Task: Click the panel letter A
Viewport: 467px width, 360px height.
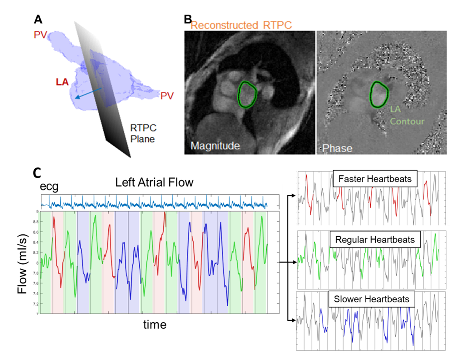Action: [38, 19]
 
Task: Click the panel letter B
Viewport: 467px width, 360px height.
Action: [188, 19]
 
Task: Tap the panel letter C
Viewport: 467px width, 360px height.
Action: [37, 173]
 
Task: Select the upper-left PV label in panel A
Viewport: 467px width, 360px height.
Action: [40, 35]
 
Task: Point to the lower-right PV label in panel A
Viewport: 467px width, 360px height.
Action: [167, 96]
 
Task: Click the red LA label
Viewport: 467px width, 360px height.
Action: [62, 81]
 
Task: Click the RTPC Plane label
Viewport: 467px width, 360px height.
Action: [143, 133]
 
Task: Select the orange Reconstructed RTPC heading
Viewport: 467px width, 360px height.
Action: [241, 25]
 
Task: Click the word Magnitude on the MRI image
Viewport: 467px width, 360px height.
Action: [215, 146]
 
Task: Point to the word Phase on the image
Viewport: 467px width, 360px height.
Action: [337, 148]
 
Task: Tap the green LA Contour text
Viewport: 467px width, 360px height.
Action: [407, 115]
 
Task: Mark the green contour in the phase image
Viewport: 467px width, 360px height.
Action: [379, 94]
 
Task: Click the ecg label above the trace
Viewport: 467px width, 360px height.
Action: [49, 187]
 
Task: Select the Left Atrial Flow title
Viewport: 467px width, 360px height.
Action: [154, 182]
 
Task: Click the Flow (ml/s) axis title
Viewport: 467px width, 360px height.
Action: [22, 263]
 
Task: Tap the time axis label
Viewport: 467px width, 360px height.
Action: [155, 324]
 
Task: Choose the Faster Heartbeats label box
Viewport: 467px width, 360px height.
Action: [375, 179]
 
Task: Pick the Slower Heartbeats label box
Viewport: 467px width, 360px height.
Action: [372, 299]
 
